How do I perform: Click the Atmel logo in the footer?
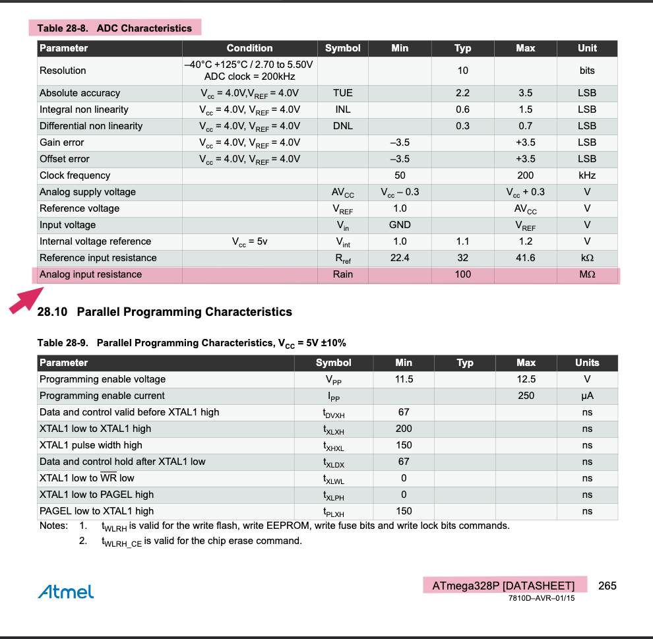tap(66, 592)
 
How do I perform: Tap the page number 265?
tap(607, 586)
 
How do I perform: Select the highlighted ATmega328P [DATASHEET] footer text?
tap(503, 586)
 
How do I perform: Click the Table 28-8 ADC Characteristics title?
tap(114, 28)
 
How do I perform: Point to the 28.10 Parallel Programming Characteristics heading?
tap(165, 311)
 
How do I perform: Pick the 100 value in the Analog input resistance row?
tap(462, 274)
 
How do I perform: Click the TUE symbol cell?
tap(343, 93)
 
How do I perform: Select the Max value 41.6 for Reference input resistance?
tap(525, 258)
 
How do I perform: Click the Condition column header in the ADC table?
tap(249, 48)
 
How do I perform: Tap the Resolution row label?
tap(63, 71)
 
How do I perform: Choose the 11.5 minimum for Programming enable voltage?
tap(403, 379)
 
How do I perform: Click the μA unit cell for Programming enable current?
tap(586, 396)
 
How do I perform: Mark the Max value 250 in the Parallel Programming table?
tap(526, 396)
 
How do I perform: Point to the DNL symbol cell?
tap(343, 126)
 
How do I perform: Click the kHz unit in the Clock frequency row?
tap(586, 175)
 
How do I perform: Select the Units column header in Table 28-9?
tap(586, 363)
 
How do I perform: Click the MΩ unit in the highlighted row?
tap(586, 274)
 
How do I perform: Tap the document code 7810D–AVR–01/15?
tap(542, 599)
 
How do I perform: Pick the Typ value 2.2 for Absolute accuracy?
tap(462, 93)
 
